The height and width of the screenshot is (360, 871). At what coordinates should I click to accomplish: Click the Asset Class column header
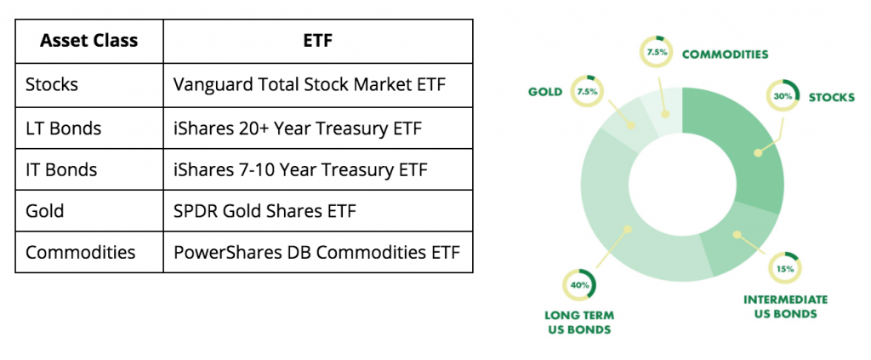tap(88, 41)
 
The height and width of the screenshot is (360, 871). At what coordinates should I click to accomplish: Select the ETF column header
tap(318, 41)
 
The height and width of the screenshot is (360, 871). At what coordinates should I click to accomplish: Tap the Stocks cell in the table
tap(52, 84)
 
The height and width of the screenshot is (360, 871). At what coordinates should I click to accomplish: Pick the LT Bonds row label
tap(63, 129)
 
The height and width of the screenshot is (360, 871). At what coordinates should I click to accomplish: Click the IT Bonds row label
tap(61, 169)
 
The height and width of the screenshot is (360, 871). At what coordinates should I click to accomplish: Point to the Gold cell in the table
tap(44, 211)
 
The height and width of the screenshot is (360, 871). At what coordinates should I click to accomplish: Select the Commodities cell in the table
tap(81, 252)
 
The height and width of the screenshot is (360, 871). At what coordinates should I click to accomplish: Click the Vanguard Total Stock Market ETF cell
tap(310, 84)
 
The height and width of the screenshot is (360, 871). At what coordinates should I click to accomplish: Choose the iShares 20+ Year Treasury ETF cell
tap(298, 129)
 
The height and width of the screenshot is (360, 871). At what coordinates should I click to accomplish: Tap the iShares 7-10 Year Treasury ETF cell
tap(300, 169)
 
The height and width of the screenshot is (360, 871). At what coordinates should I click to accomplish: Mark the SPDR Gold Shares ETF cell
tap(265, 211)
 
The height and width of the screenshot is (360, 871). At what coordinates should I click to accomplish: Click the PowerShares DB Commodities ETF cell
tap(316, 252)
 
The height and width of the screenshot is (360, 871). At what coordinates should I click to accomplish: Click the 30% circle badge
tap(783, 96)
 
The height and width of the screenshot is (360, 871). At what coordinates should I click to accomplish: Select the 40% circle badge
tap(579, 284)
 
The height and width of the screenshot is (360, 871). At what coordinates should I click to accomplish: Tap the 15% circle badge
tap(783, 268)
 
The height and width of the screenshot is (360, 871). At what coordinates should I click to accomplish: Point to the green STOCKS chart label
tap(831, 98)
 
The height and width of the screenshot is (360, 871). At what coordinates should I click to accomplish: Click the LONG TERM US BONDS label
tap(579, 323)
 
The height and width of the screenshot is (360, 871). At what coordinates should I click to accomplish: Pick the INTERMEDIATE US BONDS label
tap(785, 306)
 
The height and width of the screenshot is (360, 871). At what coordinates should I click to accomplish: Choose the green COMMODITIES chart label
tap(725, 54)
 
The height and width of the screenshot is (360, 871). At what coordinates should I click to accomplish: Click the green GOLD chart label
tap(545, 92)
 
